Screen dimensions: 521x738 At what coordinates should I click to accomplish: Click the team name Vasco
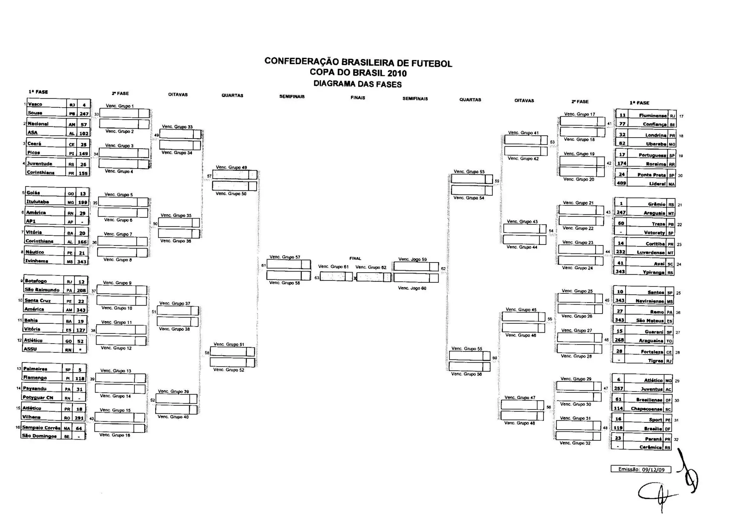pyautogui.click(x=35, y=104)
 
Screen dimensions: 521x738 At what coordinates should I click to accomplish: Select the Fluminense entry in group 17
pyautogui.click(x=653, y=116)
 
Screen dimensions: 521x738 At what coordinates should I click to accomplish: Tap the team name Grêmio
pyautogui.click(x=656, y=204)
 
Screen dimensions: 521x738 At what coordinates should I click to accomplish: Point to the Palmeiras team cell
pyautogui.click(x=35, y=369)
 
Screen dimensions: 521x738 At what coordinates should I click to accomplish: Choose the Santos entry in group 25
pyautogui.click(x=655, y=292)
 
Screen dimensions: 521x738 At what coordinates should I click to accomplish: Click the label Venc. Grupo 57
pyautogui.click(x=285, y=257)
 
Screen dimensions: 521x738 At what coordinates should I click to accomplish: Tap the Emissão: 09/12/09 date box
pyautogui.click(x=641, y=469)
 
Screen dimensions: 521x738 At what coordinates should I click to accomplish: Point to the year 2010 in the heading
pyautogui.click(x=397, y=73)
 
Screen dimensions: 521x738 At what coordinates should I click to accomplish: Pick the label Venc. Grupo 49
pyautogui.click(x=231, y=167)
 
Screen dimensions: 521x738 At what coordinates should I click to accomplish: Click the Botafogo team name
pyautogui.click(x=36, y=281)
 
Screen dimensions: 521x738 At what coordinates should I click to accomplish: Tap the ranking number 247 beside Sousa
pyautogui.click(x=84, y=114)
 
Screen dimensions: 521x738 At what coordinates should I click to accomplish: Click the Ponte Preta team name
pyautogui.click(x=652, y=175)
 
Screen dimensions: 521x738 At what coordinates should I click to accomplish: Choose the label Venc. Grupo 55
pyautogui.click(x=467, y=349)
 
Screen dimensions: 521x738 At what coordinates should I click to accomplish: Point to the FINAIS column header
pyautogui.click(x=357, y=98)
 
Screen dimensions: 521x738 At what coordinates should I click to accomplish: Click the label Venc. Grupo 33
pyautogui.click(x=177, y=127)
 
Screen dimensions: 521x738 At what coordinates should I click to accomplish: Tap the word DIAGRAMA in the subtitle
pyautogui.click(x=331, y=84)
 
